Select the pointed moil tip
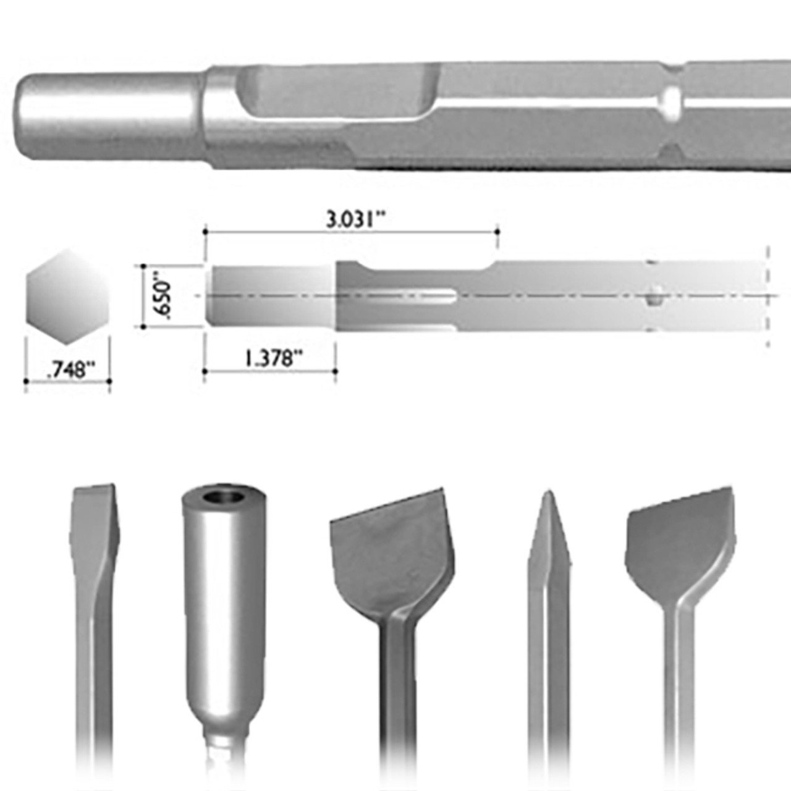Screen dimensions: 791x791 (549, 525)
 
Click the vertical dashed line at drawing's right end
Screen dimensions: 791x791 (768, 297)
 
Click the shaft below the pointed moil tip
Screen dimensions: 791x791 (549, 680)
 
